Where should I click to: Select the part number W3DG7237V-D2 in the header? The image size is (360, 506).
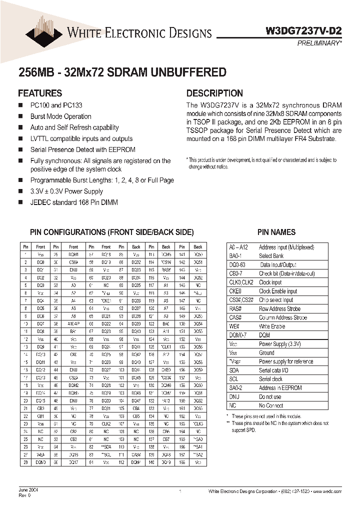[303, 30]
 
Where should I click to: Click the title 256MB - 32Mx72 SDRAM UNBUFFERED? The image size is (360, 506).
[122, 72]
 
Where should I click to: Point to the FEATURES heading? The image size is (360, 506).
[40, 93]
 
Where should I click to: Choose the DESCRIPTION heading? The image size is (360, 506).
[214, 93]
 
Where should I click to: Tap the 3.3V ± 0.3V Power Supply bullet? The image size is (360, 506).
[66, 191]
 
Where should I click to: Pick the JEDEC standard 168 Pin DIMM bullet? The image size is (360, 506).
[74, 202]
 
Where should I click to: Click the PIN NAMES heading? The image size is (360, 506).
[276, 232]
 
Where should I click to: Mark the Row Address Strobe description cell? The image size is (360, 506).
[279, 308]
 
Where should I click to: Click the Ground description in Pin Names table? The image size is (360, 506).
[266, 352]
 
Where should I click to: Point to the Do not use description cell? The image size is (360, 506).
[270, 396]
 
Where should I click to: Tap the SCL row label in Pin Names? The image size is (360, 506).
[234, 379]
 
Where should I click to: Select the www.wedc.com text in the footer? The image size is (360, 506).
[327, 492]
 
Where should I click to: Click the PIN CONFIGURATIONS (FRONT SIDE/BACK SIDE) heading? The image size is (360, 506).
[105, 232]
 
